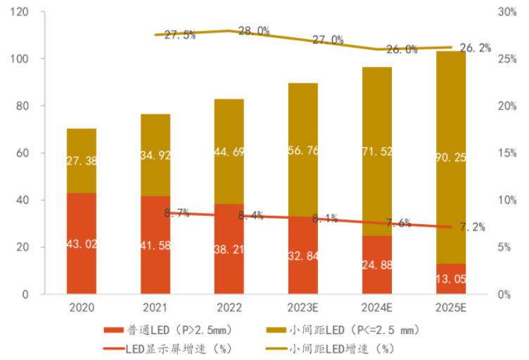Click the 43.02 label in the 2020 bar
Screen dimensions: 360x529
(82, 244)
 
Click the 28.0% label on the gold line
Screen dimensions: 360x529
(255, 31)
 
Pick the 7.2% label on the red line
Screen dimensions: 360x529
(472, 227)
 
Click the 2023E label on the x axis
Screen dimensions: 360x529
(302, 307)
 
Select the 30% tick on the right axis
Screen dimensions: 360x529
(508, 12)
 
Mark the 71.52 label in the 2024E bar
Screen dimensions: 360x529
(377, 151)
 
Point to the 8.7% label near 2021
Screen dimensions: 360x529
(177, 213)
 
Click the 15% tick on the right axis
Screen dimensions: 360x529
(508, 153)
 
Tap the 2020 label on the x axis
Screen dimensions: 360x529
(82, 307)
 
